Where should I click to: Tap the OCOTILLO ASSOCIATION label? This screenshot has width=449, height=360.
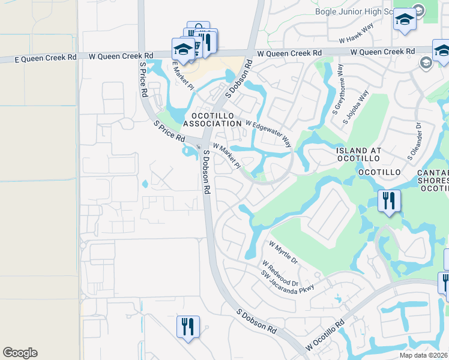[212, 119]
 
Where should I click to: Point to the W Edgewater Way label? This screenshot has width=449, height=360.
[268, 133]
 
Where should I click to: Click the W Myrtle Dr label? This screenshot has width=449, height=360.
[283, 253]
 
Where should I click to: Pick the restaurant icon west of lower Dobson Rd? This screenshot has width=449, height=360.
[188, 327]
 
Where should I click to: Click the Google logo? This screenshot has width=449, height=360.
[20, 353]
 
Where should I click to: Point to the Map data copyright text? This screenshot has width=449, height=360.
[423, 355]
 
